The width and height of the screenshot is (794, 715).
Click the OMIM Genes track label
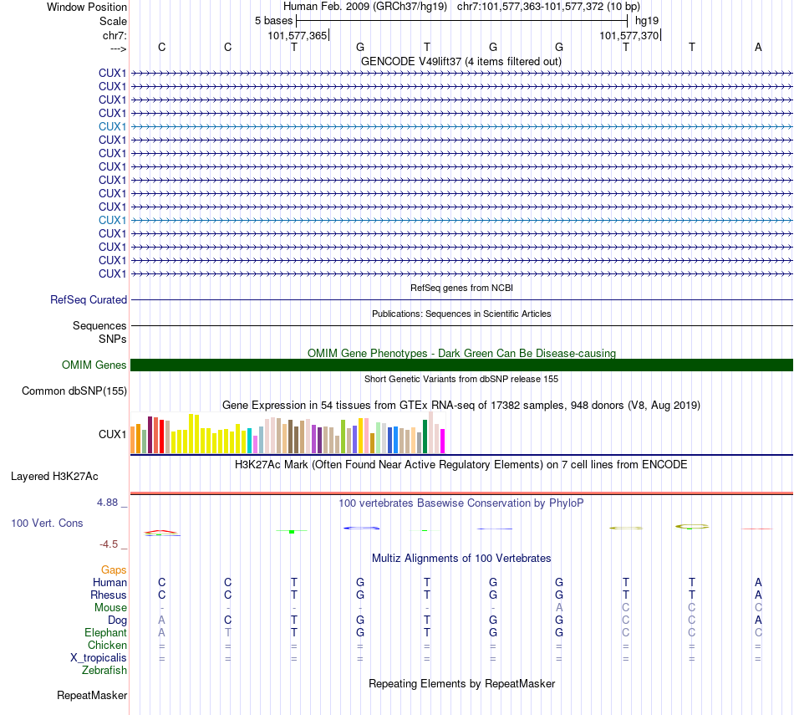tap(94, 365)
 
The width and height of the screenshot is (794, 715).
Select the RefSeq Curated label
tap(89, 300)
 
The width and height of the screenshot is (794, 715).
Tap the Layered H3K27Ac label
tap(54, 477)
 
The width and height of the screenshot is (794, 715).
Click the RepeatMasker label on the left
tap(92, 696)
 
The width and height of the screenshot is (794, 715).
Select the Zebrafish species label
tap(104, 671)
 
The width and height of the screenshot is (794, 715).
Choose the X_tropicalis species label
tap(99, 658)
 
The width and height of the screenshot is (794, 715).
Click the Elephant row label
tap(105, 633)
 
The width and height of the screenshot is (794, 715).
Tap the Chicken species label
tap(107, 646)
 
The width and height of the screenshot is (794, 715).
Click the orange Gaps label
tap(114, 570)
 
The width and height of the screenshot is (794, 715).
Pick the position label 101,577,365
tap(298, 36)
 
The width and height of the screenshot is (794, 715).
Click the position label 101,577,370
tap(629, 36)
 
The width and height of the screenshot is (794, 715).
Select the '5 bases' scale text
tap(273, 20)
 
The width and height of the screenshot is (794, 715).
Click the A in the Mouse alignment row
tap(559, 608)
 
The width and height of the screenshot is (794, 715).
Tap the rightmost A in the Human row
tap(758, 583)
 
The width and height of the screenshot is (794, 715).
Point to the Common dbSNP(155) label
tap(74, 391)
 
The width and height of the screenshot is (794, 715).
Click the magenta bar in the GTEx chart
tap(443, 441)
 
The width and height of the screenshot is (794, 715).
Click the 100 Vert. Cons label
tap(47, 523)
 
